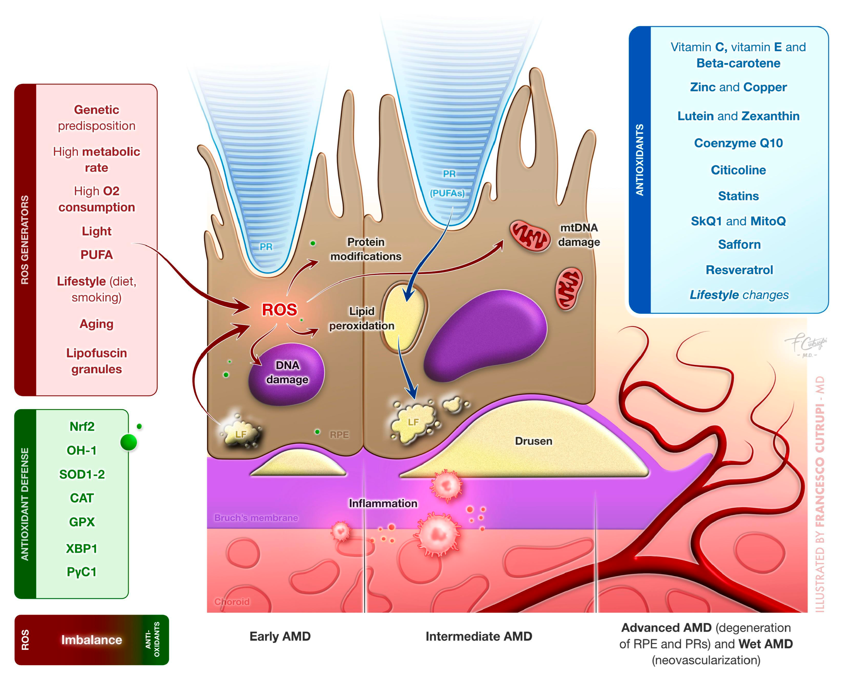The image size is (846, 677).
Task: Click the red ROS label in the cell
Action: point(279,310)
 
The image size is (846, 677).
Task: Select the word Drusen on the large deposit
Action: point(533,441)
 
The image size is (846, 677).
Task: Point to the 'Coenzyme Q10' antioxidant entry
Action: point(738,143)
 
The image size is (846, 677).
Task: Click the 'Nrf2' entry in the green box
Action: point(82,427)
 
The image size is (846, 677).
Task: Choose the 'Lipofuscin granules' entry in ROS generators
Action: point(96,361)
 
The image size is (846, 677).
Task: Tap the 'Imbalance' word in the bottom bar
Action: point(91,640)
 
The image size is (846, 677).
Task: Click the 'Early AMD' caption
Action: point(280,636)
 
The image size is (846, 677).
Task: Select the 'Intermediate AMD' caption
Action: point(478,636)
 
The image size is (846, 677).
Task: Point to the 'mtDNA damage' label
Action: point(579,235)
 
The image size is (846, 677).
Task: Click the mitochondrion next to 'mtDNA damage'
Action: point(530,236)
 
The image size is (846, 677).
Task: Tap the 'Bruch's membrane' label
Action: point(256,518)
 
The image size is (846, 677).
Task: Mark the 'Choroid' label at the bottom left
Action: point(232,602)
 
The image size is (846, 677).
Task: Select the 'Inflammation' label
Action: point(383,504)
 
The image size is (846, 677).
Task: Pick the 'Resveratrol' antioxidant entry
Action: point(739,270)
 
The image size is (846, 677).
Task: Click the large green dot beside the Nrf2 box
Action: point(129,443)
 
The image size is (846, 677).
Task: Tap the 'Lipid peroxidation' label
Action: point(361,318)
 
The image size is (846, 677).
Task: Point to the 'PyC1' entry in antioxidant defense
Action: point(82,572)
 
